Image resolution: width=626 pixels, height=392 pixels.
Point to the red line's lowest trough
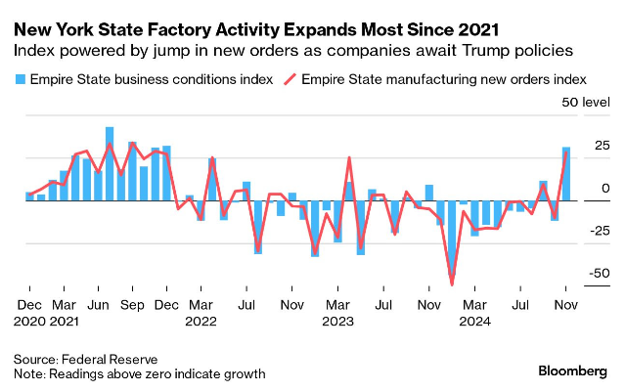452,283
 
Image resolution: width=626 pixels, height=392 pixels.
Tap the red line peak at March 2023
349,157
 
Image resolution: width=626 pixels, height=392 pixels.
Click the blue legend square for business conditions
22,78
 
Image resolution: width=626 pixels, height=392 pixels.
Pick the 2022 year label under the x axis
201,320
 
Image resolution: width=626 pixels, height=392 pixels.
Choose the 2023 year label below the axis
340,320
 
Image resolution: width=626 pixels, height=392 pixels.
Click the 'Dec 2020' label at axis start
30,312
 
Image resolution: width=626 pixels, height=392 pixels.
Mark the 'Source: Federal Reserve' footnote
86,359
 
